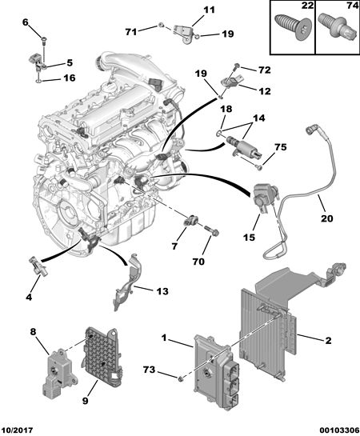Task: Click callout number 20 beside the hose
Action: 326,218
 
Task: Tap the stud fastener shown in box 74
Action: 337,26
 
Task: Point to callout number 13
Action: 162,291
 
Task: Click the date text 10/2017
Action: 17,430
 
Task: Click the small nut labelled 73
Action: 181,378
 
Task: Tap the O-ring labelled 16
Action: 39,81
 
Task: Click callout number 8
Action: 33,332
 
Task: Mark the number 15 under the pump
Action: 249,237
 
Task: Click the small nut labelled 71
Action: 161,26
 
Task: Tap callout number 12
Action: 264,90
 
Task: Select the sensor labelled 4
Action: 38,266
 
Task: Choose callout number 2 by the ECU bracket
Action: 328,340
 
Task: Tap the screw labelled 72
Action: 236,66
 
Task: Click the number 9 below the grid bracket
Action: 85,401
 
